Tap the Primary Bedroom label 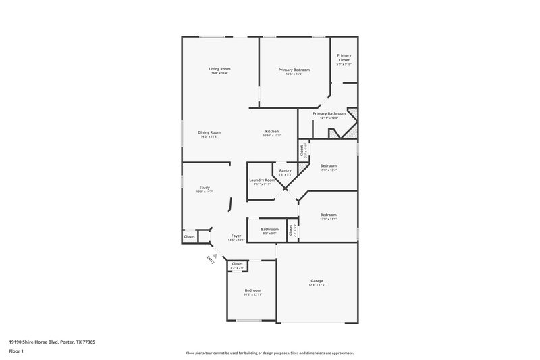pyautogui.click(x=294, y=70)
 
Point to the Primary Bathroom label pyautogui.click(x=329, y=114)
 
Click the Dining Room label pyautogui.click(x=209, y=132)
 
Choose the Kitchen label pyautogui.click(x=271, y=131)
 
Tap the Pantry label pyautogui.click(x=285, y=170)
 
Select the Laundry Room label pyautogui.click(x=262, y=180)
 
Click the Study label pyautogui.click(x=205, y=188)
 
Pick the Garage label pyautogui.click(x=317, y=280)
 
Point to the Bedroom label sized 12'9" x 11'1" pyautogui.click(x=328, y=215)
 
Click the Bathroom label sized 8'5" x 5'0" pyautogui.click(x=269, y=229)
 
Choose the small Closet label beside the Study pyautogui.click(x=190, y=236)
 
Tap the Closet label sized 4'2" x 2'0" pyautogui.click(x=237, y=265)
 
